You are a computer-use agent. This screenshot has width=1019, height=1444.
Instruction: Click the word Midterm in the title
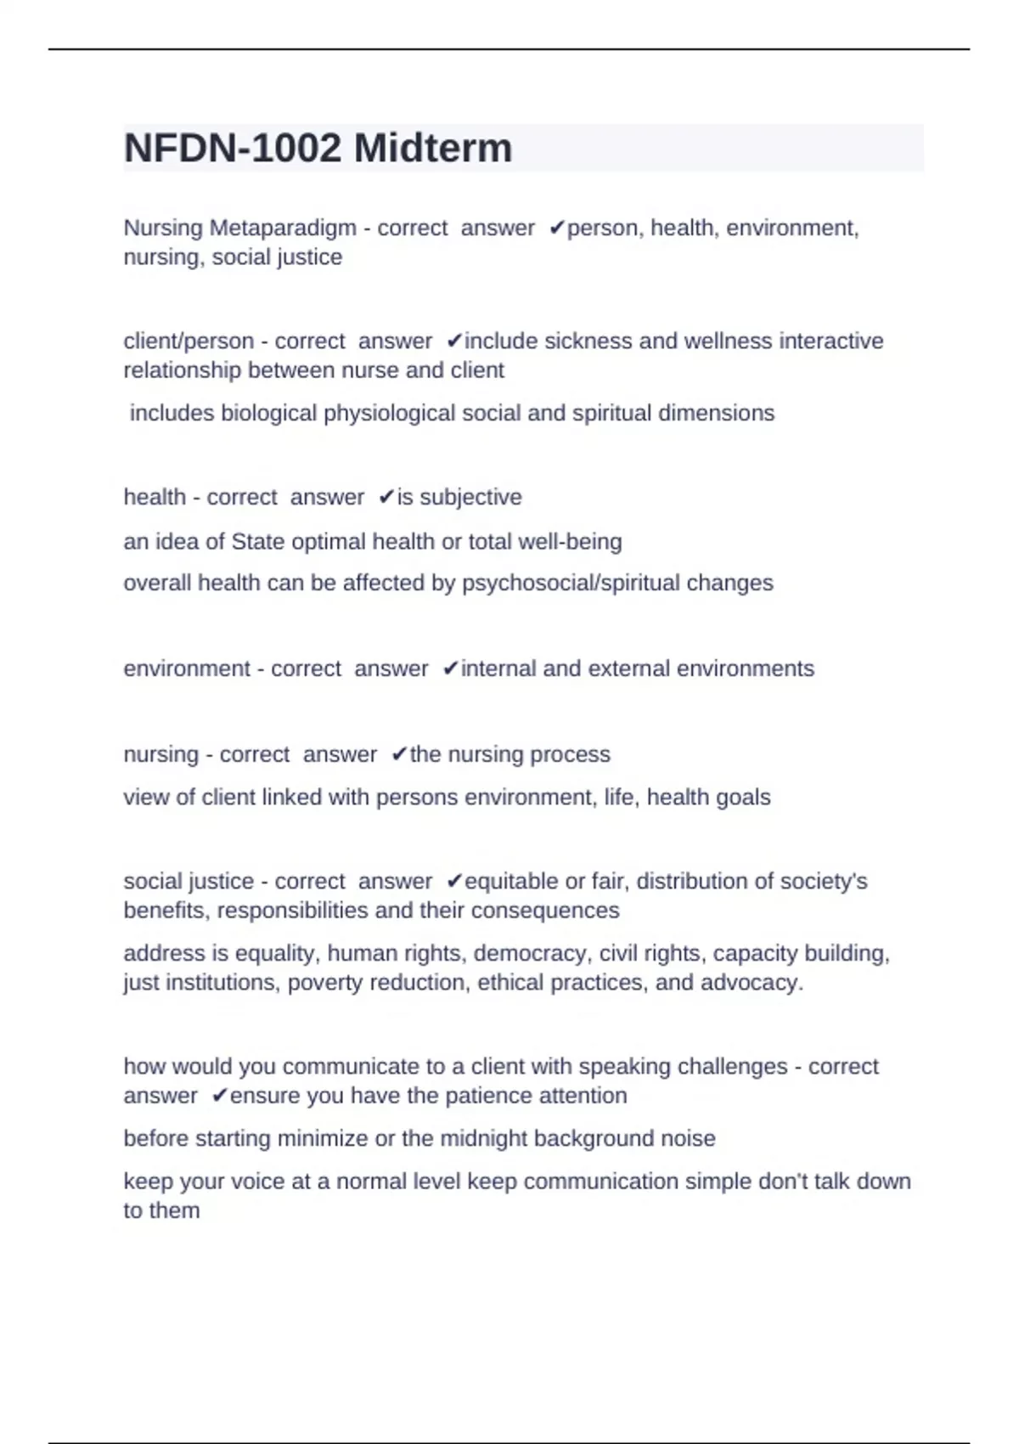[433, 149]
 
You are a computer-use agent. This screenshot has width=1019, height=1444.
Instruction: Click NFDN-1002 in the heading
[233, 149]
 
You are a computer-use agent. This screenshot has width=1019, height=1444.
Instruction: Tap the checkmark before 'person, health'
[557, 228]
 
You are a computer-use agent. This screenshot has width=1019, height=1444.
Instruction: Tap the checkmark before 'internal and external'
[451, 669]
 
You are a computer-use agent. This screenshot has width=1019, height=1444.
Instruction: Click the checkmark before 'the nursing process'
[400, 755]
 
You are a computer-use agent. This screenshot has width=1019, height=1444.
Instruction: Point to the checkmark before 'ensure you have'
[220, 1097]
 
